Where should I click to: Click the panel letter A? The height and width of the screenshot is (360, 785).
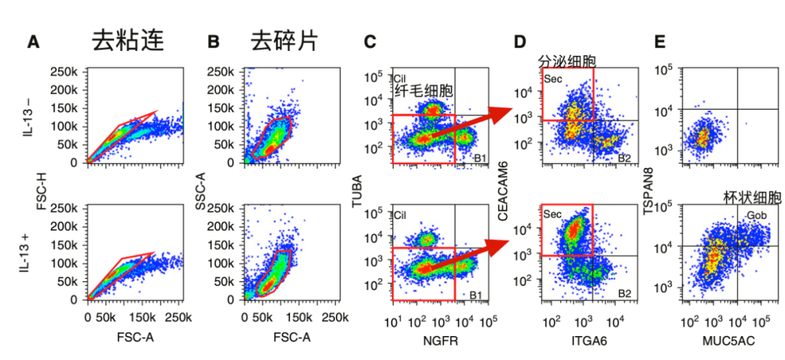pyautogui.click(x=33, y=42)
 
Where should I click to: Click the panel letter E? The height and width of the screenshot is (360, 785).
pyautogui.click(x=660, y=42)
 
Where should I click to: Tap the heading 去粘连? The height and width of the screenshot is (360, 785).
pyautogui.click(x=127, y=41)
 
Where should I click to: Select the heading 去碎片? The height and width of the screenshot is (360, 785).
pyautogui.click(x=284, y=41)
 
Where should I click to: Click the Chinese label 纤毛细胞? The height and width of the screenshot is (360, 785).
pyautogui.click(x=424, y=91)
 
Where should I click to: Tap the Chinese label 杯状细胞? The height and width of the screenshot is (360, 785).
pyautogui.click(x=752, y=197)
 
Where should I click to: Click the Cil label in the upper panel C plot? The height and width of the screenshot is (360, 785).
pyautogui.click(x=400, y=77)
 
